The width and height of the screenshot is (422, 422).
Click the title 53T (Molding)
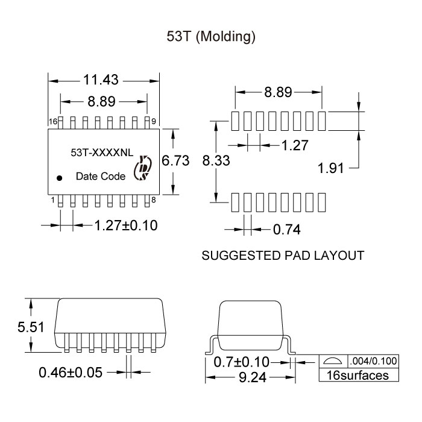211,37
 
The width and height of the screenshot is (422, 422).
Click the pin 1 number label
53,200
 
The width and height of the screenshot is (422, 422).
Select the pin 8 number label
154,200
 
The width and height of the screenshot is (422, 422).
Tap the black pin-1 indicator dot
60,178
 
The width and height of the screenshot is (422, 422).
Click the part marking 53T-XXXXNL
101,154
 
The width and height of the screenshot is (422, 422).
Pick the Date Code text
101,177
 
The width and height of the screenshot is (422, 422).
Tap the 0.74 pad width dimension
286,230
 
